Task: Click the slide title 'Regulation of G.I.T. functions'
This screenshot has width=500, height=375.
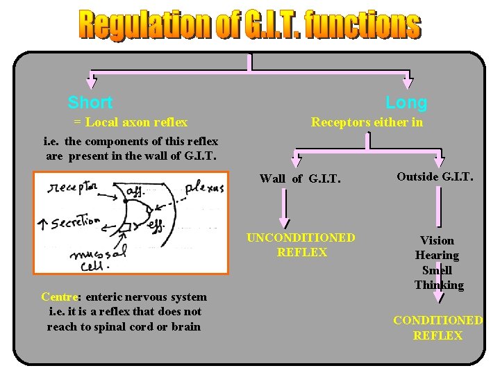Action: pos(249,25)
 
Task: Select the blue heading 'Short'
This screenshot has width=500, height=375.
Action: pos(90,103)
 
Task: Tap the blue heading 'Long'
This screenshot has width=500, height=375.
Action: pos(406,103)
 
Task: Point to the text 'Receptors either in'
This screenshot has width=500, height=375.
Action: pos(367,122)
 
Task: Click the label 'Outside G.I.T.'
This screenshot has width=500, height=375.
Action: pos(435,176)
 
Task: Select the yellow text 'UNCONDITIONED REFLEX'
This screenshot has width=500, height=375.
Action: pos(301,245)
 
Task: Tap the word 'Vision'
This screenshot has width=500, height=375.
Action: pos(437,240)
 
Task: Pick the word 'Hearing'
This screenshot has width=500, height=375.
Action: pos(437,256)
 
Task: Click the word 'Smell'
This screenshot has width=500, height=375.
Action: pos(437,270)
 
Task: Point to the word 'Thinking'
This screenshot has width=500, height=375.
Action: pos(438,285)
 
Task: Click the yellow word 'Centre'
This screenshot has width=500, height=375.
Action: pos(59,297)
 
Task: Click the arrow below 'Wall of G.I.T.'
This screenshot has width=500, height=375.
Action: pos(284,211)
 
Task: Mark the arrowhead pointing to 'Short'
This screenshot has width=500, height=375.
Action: pos(91,81)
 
